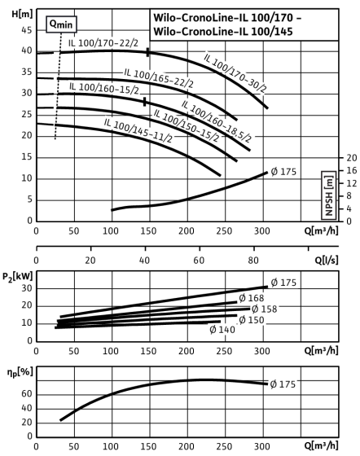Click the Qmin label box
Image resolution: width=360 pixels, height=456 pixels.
click(61, 24)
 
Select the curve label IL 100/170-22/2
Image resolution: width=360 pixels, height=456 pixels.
click(103, 43)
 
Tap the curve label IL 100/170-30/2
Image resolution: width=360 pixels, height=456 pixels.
click(235, 73)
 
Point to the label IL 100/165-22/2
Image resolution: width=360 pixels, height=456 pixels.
click(159, 78)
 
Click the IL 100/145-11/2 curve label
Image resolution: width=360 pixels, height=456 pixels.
click(138, 130)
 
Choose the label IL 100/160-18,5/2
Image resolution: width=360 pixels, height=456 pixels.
click(217, 121)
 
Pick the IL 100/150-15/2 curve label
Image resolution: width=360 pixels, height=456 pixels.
click(186, 125)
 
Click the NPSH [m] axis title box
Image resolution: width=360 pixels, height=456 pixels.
click(329, 195)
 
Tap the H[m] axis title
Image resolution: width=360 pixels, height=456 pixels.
click(22, 14)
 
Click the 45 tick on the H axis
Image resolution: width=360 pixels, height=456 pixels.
click(26, 30)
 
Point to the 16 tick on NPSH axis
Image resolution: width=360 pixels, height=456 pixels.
click(351, 170)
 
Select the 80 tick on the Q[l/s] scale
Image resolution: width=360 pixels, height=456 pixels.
click(253, 261)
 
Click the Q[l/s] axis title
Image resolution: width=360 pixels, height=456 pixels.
click(327, 261)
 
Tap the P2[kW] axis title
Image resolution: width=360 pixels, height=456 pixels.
click(17, 276)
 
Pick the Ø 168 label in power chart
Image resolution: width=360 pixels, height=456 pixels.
click(252, 298)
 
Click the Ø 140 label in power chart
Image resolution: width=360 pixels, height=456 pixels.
click(222, 330)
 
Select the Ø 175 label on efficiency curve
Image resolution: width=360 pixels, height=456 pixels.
click(283, 384)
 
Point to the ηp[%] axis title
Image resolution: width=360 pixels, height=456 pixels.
click(20, 373)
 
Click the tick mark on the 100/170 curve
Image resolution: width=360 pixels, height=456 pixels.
click(147, 52)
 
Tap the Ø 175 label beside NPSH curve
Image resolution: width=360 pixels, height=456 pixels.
click(283, 172)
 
